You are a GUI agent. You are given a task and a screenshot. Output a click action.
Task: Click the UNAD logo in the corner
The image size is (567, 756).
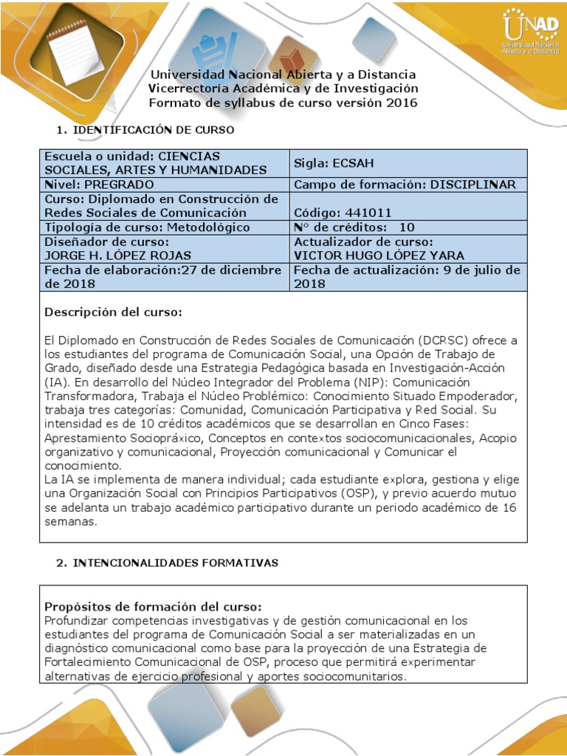pyautogui.click(x=529, y=33)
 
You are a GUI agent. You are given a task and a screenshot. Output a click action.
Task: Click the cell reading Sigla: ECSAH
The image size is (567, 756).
pyautogui.click(x=328, y=163)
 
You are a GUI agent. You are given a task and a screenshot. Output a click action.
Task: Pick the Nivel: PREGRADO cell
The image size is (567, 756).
pyautogui.click(x=99, y=185)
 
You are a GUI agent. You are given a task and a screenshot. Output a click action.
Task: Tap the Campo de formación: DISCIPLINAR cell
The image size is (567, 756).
pyautogui.click(x=405, y=185)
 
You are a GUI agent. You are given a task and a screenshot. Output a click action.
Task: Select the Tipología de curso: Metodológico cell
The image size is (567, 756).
pyautogui.click(x=147, y=227)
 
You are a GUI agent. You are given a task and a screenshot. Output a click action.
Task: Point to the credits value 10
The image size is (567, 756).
pyautogui.click(x=407, y=227)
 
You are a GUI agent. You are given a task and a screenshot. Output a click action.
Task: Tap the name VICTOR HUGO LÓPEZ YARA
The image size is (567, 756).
pyautogui.click(x=379, y=255)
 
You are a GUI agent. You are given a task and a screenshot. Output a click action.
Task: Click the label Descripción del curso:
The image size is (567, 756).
pyautogui.click(x=113, y=312)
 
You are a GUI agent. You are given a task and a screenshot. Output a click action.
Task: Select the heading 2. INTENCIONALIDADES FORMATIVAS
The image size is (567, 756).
pyautogui.click(x=167, y=563)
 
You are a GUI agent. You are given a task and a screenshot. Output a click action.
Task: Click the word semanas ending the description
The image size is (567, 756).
pyautogui.click(x=71, y=521)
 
